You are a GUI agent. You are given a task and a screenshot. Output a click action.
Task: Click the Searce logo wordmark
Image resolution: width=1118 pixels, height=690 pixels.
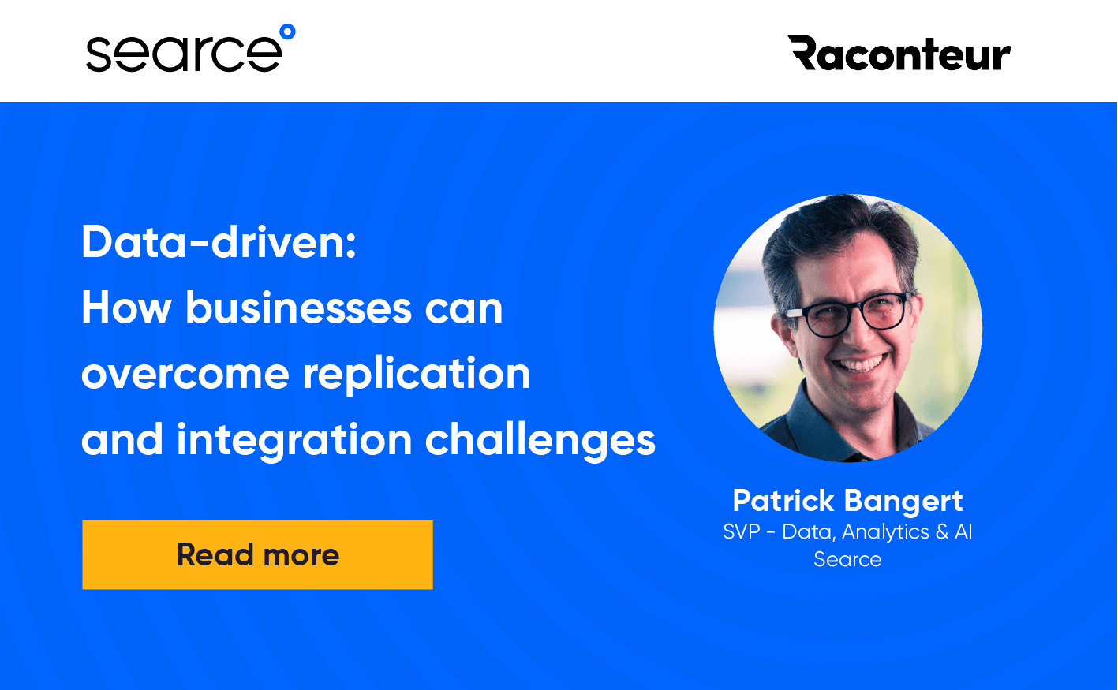[183, 54]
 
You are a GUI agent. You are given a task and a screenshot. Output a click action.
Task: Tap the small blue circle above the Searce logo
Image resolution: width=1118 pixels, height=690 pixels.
[287, 32]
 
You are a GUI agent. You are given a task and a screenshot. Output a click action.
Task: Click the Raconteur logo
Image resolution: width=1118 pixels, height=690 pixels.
[899, 54]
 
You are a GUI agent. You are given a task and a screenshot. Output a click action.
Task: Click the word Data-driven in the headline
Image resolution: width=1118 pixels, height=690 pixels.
[219, 242]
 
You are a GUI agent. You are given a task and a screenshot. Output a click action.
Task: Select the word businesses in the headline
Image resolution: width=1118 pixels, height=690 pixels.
[299, 308]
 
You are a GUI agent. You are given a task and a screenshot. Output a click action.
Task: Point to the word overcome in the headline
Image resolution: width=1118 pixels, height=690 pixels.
[185, 374]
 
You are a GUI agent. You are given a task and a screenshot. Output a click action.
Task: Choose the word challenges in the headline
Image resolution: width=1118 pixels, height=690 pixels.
[540, 440]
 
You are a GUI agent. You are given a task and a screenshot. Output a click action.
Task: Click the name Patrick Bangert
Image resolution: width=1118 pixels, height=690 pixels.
[847, 501]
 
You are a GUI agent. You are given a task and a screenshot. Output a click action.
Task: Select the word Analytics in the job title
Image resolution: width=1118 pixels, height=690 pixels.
[885, 532]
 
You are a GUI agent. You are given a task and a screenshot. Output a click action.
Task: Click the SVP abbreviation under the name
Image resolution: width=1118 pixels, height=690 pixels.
[741, 532]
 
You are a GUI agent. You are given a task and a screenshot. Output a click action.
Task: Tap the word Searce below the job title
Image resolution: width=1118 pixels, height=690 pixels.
[847, 559]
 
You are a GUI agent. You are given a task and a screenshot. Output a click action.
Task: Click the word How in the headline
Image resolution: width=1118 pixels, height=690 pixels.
[126, 308]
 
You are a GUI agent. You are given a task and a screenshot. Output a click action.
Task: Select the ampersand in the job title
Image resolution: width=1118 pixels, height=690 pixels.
[941, 532]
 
